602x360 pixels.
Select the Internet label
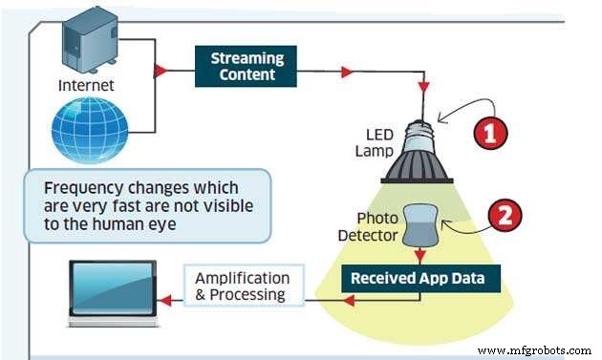pos(86,85)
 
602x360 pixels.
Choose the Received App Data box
pos(421,279)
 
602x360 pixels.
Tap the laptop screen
pos(112,291)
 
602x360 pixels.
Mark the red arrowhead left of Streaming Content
pos(161,71)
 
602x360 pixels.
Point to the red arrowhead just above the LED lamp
pos(421,87)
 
